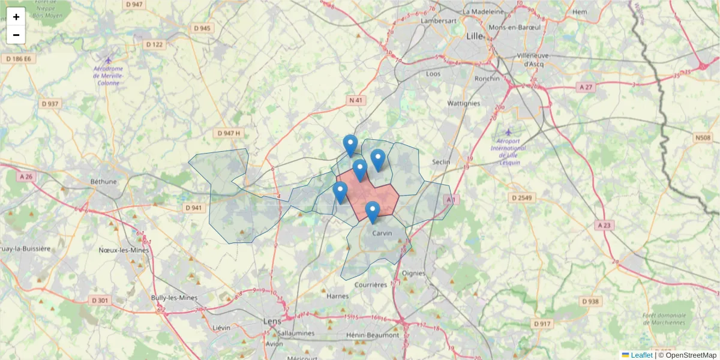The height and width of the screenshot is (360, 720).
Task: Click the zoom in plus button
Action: click(x=16, y=17)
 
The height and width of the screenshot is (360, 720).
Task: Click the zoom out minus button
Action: click(x=16, y=35)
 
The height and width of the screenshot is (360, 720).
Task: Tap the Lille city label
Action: click(x=475, y=36)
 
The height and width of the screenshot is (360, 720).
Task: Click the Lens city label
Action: click(x=272, y=321)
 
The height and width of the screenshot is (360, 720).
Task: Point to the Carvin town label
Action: click(x=382, y=233)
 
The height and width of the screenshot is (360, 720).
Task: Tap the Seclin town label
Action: click(x=442, y=162)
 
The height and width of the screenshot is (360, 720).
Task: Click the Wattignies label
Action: click(x=464, y=103)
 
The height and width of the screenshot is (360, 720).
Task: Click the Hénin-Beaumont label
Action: click(x=373, y=335)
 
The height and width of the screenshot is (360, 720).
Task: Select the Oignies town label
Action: click(x=414, y=273)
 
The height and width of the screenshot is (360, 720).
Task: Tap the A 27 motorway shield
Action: click(x=586, y=87)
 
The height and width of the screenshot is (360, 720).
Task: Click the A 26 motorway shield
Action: click(x=26, y=177)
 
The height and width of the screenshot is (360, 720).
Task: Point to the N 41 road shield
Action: click(x=356, y=100)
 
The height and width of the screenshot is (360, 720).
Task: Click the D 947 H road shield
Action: click(x=229, y=133)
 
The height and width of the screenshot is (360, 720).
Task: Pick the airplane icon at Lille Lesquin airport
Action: click(x=509, y=131)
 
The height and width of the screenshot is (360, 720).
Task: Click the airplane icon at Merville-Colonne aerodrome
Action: click(x=108, y=59)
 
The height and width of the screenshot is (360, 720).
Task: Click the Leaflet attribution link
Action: click(x=641, y=355)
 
